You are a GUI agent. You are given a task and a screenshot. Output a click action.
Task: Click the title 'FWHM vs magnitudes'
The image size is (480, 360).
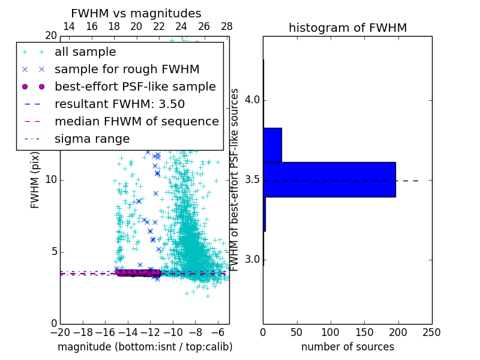click(x=136, y=13)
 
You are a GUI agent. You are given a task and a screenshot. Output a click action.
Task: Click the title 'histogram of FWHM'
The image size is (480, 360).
click(x=347, y=28)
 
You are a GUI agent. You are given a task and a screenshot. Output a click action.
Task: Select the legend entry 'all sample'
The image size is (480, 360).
click(x=85, y=52)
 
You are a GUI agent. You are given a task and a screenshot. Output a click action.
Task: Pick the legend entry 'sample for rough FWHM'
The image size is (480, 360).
click(x=127, y=70)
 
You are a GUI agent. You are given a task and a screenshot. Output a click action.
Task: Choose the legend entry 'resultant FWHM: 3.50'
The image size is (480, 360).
click(x=119, y=104)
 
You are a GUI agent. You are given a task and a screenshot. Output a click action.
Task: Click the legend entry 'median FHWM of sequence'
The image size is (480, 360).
click(x=137, y=122)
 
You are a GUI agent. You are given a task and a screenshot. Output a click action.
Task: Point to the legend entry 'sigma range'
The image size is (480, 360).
click(x=92, y=139)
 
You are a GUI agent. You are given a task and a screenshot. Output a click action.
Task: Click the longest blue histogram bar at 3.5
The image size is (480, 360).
click(x=329, y=179)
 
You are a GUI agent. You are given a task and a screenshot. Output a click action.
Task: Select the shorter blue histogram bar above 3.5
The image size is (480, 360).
click(x=272, y=145)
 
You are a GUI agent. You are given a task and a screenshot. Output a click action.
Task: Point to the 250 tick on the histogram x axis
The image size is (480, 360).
click(x=431, y=332)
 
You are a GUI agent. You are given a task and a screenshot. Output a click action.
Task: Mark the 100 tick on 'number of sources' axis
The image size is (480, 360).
click(x=331, y=332)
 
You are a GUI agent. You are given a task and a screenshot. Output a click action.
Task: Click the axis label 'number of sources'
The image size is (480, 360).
click(x=347, y=347)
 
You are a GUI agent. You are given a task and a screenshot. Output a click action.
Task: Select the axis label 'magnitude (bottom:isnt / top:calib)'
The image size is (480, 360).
click(x=145, y=347)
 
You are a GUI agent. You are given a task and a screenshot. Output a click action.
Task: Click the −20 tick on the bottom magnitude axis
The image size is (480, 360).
click(x=60, y=332)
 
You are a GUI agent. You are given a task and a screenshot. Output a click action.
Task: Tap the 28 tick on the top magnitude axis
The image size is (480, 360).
click(x=227, y=26)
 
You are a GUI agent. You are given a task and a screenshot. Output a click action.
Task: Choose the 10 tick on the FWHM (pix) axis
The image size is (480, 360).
click(x=51, y=180)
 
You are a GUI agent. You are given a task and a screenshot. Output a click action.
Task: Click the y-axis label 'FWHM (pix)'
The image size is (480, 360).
click(x=35, y=180)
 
